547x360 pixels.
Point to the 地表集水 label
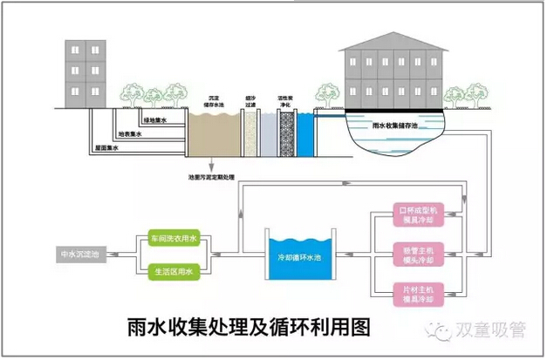[x=131, y=133]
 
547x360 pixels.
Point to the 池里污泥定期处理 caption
[x=212, y=177]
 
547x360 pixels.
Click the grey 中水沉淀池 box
[x=79, y=255]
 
